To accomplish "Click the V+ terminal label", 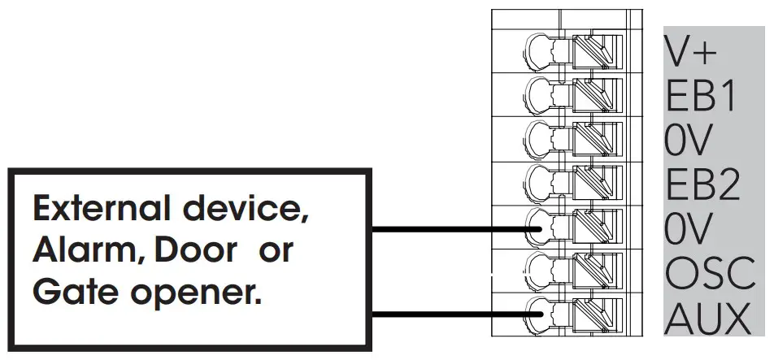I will pos(691,51).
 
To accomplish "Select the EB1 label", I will pos(701,97).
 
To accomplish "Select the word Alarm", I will pos(79,251).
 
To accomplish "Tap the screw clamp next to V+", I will pos(597,53).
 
